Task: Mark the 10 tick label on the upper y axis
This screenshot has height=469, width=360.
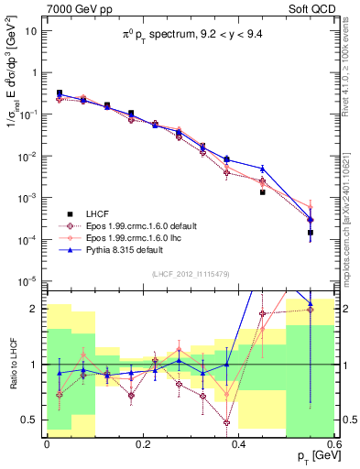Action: [31, 30]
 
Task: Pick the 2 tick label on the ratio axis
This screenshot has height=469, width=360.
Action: [35, 309]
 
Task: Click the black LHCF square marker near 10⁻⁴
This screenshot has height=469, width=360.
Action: [311, 233]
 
